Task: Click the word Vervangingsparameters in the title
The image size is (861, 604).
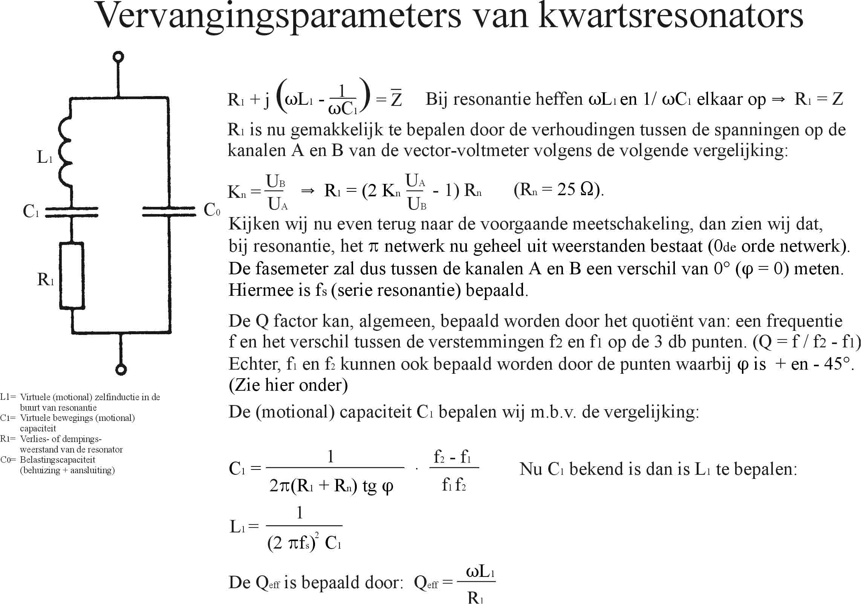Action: [279, 17]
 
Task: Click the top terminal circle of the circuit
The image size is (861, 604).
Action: [118, 57]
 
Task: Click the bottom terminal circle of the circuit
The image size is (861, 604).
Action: [121, 369]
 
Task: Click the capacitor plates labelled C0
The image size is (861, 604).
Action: [168, 211]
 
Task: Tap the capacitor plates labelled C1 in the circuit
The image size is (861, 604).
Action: [72, 211]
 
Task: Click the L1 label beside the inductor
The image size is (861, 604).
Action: [44, 157]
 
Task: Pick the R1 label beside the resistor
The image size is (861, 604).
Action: [46, 280]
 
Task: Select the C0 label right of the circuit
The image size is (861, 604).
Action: [212, 210]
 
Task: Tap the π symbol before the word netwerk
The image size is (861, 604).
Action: [373, 247]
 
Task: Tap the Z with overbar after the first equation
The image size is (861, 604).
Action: [396, 99]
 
